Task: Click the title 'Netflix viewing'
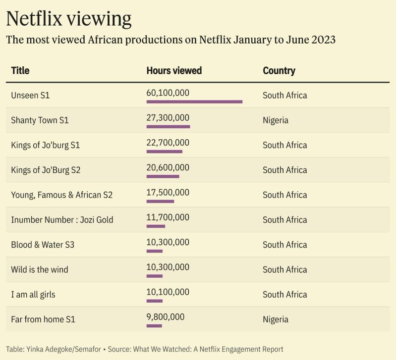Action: click(68, 18)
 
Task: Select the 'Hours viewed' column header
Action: click(174, 70)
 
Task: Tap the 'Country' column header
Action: click(279, 70)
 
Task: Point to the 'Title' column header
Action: click(20, 70)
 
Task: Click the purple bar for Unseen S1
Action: click(194, 102)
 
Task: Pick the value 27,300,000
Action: click(168, 117)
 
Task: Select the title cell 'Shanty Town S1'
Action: click(40, 120)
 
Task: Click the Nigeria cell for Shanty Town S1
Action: click(275, 120)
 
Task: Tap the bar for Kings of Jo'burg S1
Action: click(164, 152)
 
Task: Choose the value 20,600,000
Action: click(168, 167)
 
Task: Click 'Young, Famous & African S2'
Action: click(61, 195)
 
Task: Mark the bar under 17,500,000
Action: click(160, 201)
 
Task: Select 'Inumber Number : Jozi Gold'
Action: click(62, 219)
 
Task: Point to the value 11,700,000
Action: click(168, 217)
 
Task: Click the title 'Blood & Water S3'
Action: click(43, 245)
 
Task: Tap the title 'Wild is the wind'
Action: click(40, 269)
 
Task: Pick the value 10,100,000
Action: click(168, 292)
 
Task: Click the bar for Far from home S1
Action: click(154, 326)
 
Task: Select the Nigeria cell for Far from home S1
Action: click(275, 319)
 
